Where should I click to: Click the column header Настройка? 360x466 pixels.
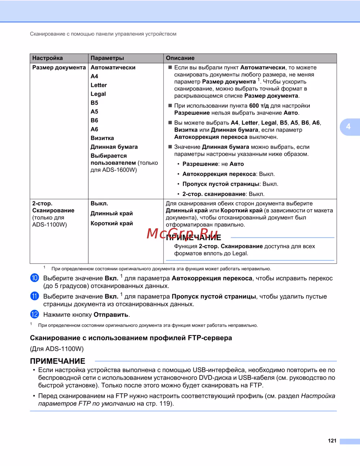point(48,58)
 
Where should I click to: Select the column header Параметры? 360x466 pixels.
point(107,58)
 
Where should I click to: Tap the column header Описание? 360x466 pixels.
point(180,58)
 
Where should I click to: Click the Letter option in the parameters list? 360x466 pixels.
point(99,85)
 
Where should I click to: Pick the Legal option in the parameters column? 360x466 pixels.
point(98,94)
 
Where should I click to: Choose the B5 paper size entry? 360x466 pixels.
point(94,103)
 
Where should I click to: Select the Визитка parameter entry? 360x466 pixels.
point(102,138)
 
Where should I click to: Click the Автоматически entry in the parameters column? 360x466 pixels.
point(113,67)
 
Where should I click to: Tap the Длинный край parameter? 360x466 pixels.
point(112,213)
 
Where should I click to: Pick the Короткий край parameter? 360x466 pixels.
point(112,223)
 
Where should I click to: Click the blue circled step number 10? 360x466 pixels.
point(35,278)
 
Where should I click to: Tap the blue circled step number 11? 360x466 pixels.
point(35,296)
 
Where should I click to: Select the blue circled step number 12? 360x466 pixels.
point(35,314)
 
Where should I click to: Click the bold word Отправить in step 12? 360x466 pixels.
point(111,314)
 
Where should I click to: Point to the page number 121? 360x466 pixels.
point(332,440)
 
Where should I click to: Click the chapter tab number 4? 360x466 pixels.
point(348,126)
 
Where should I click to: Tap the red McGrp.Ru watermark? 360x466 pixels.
point(183,233)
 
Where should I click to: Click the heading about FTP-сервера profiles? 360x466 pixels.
point(131,338)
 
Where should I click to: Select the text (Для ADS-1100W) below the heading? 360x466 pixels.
point(57,349)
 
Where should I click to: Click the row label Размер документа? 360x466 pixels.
point(59,67)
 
